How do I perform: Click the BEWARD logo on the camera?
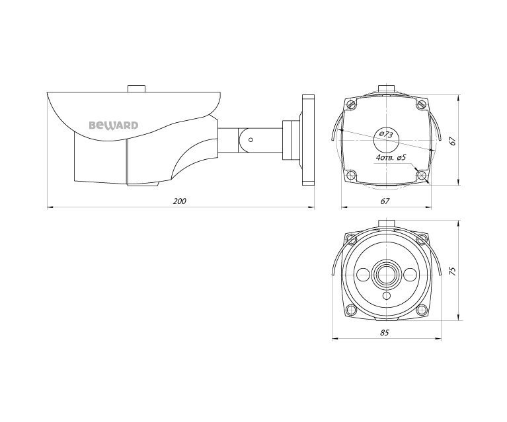114,123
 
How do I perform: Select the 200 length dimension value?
178,201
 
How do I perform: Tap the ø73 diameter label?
383,135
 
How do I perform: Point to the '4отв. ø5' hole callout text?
390,158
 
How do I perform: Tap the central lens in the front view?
385,273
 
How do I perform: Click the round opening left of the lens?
362,274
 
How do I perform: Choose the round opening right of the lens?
408,274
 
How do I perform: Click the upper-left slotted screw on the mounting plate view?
352,104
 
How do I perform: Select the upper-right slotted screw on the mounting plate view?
421,104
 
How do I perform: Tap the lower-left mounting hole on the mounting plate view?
351,174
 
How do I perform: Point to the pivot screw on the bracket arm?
251,139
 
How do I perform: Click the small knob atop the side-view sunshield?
137,88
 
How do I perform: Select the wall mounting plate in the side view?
307,140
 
